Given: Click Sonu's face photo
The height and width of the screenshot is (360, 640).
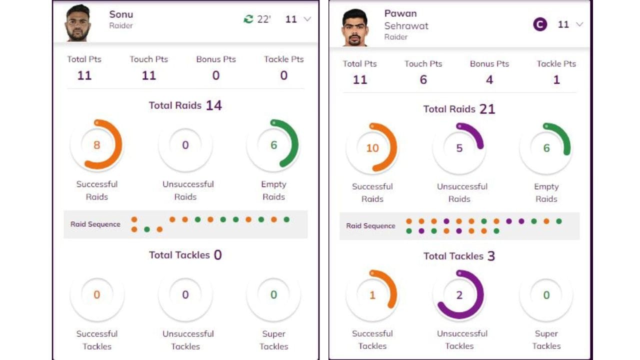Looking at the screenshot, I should (78, 23).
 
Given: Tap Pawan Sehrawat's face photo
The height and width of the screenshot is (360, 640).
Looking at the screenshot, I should (355, 27).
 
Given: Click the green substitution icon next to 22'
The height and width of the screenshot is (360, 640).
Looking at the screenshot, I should (248, 19).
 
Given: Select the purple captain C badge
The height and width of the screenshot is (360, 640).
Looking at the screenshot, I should (540, 24).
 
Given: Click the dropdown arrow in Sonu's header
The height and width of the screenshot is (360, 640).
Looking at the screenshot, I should (307, 19).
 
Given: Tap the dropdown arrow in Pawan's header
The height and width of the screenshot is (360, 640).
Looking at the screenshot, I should (579, 24).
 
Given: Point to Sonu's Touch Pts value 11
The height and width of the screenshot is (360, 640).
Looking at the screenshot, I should (148, 75).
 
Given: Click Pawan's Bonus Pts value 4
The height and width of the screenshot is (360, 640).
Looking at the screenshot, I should (489, 80).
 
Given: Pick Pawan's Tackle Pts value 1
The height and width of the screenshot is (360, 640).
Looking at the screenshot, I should (556, 80).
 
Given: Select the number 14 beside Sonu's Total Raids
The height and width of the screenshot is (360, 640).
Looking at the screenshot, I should (213, 105).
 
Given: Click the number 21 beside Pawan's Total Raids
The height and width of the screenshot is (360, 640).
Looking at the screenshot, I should (487, 109).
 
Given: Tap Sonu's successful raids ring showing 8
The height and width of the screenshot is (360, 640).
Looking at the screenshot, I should (96, 145).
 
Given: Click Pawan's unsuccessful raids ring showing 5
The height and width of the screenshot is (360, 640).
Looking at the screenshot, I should (459, 148).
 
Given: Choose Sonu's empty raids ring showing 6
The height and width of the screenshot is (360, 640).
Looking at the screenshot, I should (273, 145).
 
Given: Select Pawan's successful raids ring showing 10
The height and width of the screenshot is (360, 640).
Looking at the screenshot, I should (372, 148).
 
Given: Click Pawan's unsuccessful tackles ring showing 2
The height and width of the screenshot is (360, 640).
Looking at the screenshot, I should (459, 295).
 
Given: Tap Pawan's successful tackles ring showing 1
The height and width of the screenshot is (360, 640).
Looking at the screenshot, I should (372, 295).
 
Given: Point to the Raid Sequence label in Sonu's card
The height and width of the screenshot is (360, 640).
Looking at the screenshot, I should (95, 224).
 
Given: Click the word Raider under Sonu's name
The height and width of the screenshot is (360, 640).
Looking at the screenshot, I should (121, 25).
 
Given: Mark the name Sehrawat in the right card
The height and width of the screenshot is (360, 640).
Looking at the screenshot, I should (406, 25).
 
